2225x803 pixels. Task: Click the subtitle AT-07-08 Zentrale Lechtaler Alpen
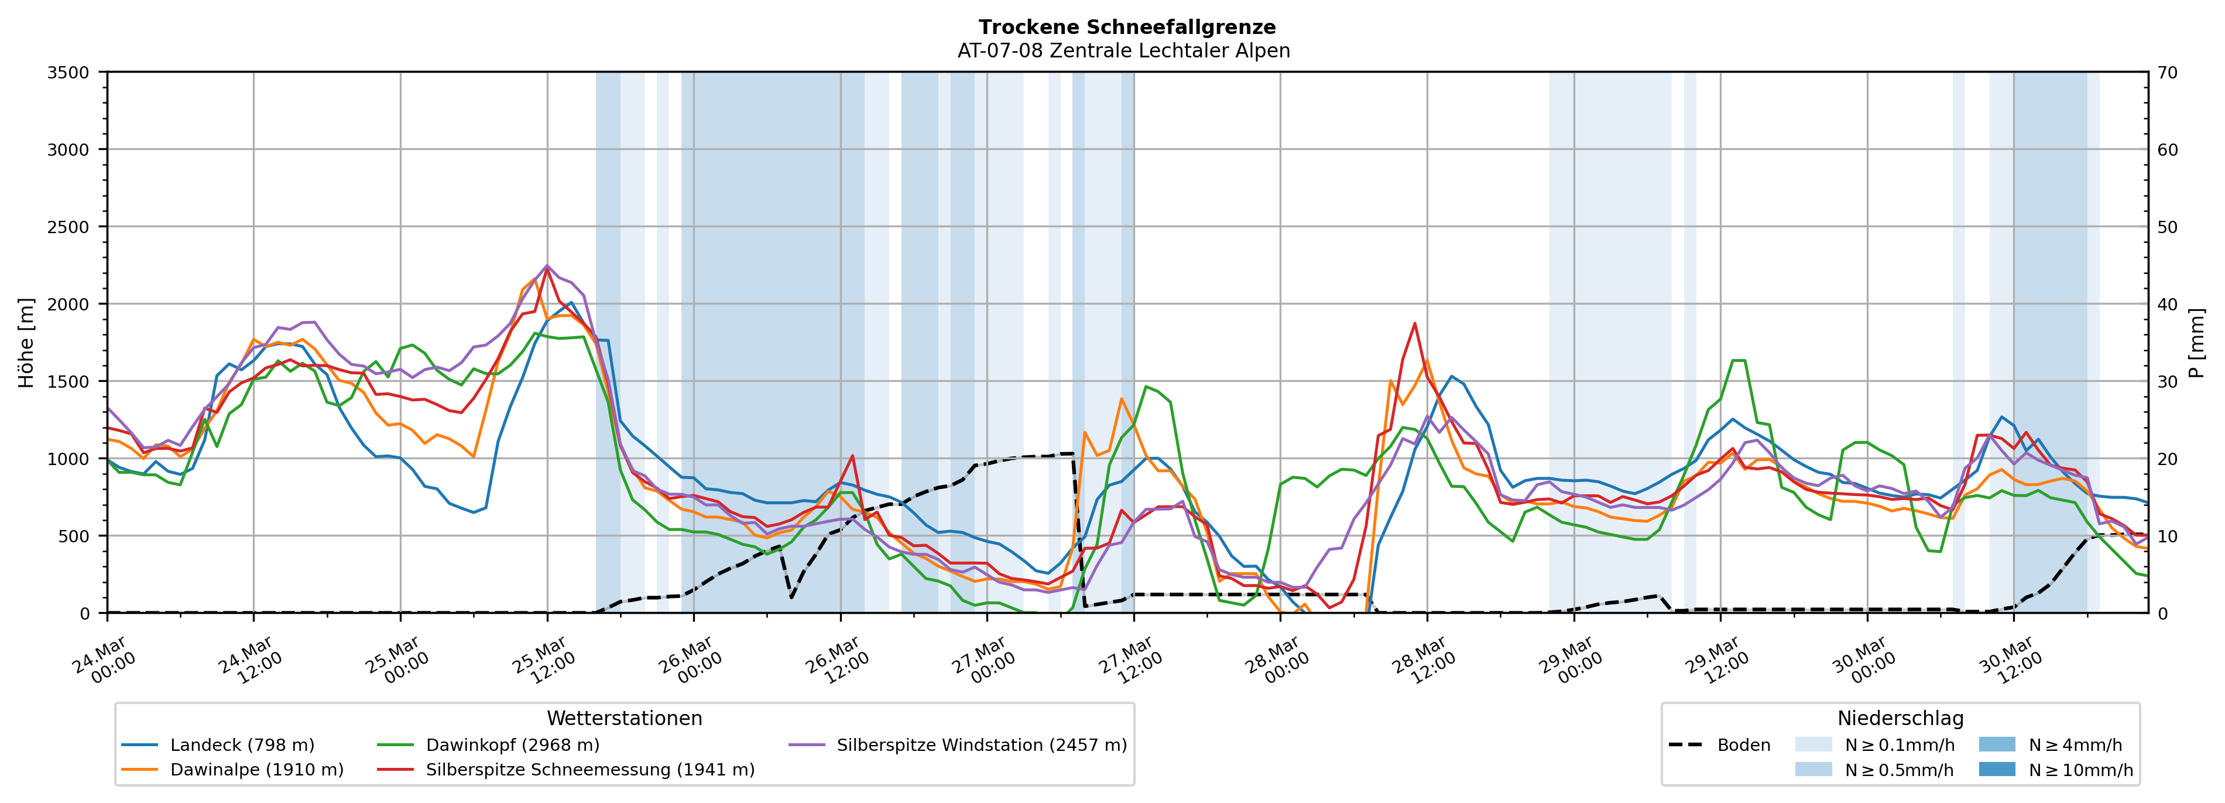pos(1123,51)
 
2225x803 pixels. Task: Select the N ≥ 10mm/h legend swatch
pos(1996,769)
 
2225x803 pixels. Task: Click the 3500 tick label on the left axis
pos(68,73)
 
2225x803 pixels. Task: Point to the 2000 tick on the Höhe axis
pos(68,304)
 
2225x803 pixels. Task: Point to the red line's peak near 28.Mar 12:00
pos(1414,323)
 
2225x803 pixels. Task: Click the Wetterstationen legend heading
pos(625,718)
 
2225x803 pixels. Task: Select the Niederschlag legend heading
pos(1900,718)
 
